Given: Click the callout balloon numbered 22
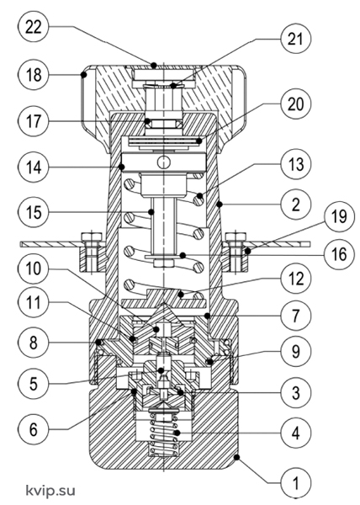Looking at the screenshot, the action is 34,27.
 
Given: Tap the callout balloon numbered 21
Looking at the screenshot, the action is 296,39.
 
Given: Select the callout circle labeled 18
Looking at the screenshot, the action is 34,75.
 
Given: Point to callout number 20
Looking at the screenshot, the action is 296,104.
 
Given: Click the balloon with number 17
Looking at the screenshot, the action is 34,121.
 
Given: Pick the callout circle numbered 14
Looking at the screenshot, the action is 34,167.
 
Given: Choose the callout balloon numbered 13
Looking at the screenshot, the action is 296,164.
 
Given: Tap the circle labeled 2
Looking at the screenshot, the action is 296,205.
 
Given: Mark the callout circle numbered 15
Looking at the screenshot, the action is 34,212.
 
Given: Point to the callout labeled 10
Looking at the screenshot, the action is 34,268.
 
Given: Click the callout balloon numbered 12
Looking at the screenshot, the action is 296,278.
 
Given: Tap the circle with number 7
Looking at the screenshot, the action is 296,315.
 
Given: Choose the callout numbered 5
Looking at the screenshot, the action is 34,383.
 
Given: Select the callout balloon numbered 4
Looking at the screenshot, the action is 296,433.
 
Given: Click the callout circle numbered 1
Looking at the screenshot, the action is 296,483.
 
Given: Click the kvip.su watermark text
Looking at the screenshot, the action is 50,491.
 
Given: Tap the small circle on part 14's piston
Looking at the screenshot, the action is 164,162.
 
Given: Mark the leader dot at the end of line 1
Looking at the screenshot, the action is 237,457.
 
